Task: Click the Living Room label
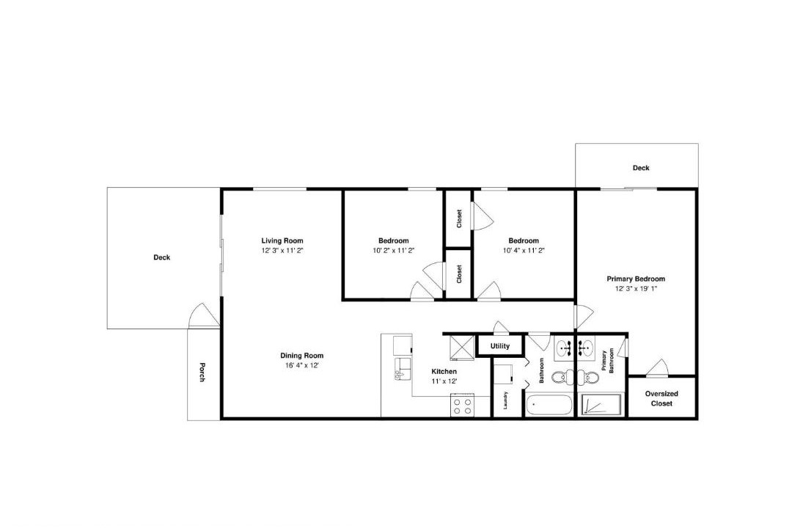(x=282, y=241)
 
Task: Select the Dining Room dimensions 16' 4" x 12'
(x=302, y=365)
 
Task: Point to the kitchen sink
(x=403, y=369)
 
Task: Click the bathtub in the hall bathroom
(x=549, y=406)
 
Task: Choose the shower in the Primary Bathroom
(x=600, y=406)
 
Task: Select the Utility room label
(x=500, y=346)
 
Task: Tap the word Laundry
(x=505, y=400)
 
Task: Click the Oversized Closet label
(x=661, y=398)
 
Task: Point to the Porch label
(x=202, y=373)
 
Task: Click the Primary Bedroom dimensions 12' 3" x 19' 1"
(x=636, y=289)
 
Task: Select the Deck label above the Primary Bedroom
(x=641, y=168)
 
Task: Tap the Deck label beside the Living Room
(x=161, y=257)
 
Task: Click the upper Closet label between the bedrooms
(x=459, y=219)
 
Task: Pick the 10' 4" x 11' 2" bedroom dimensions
(x=524, y=250)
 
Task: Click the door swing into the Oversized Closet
(x=658, y=368)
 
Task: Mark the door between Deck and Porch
(x=204, y=315)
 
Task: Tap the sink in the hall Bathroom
(x=564, y=348)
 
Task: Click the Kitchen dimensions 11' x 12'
(x=444, y=381)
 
